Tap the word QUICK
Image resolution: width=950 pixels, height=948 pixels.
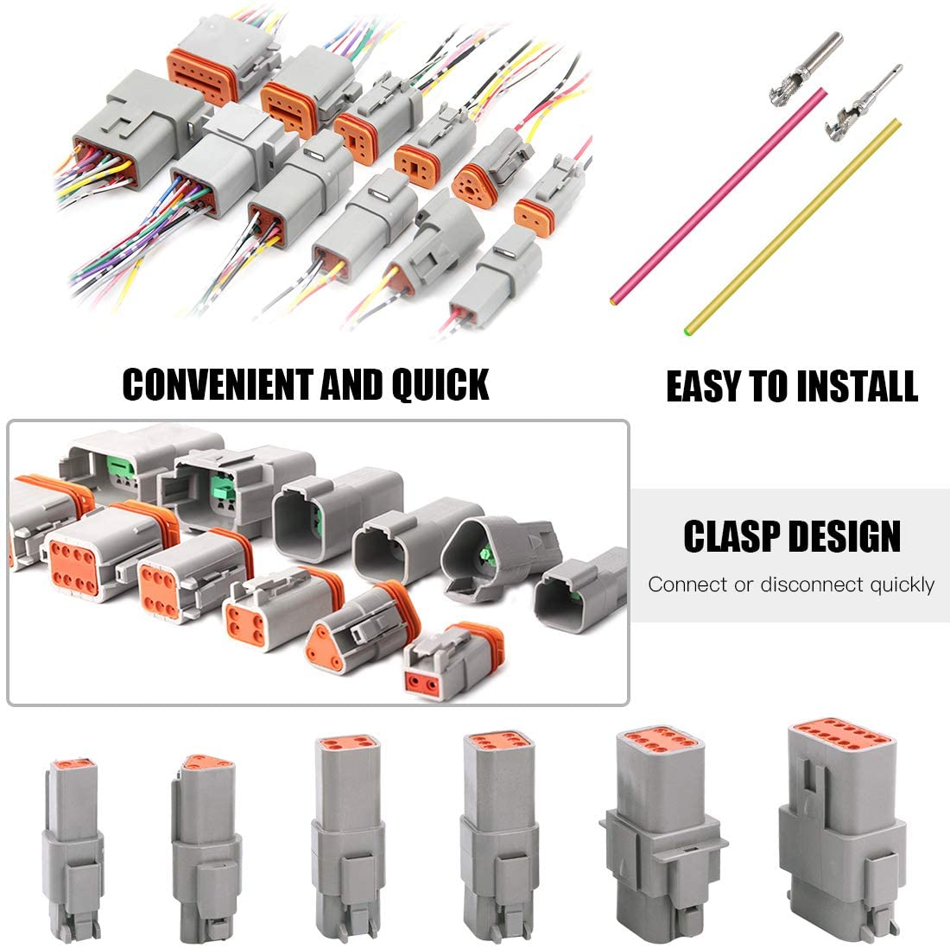[x=440, y=384]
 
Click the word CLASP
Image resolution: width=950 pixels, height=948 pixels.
[x=732, y=536]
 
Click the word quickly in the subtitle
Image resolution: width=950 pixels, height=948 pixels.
[x=902, y=585]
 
